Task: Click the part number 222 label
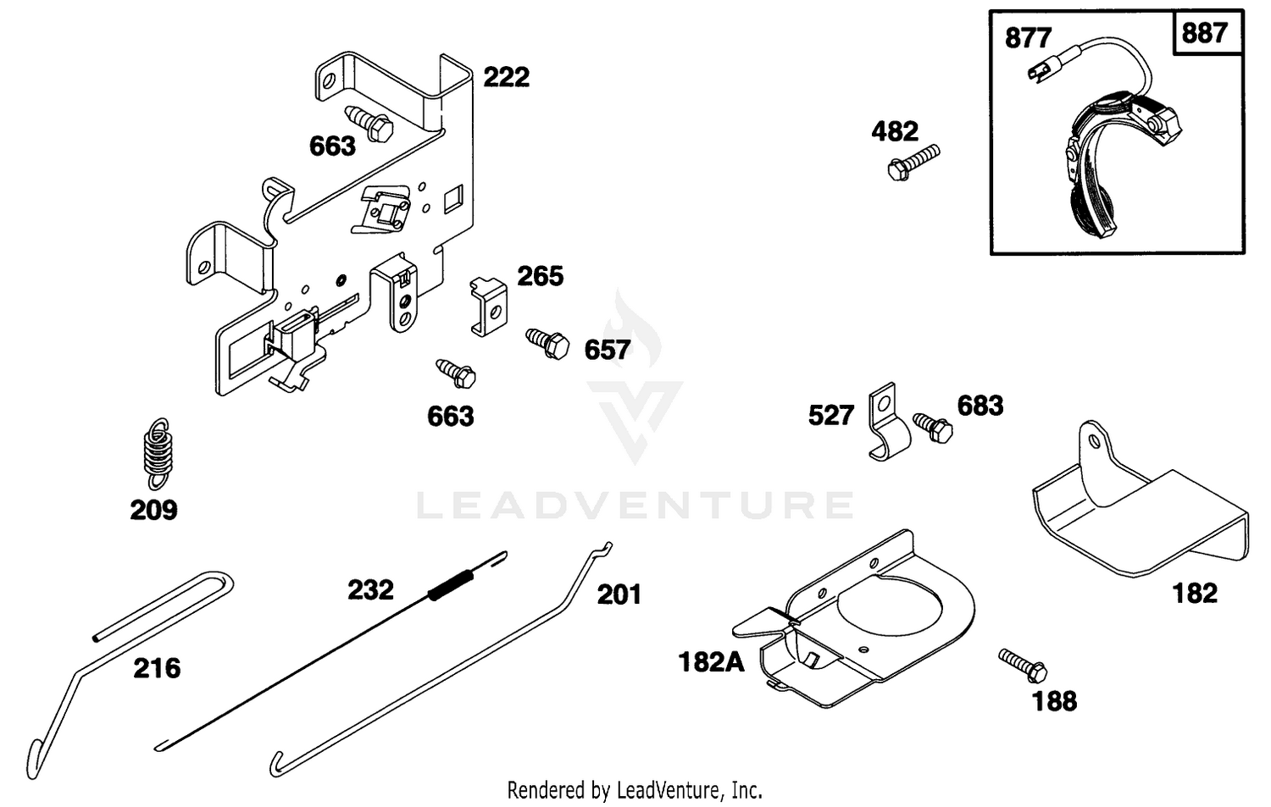pyautogui.click(x=506, y=77)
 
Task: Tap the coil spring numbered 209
pyautogui.click(x=157, y=454)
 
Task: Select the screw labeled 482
pyautogui.click(x=913, y=163)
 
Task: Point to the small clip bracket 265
pyautogui.click(x=489, y=307)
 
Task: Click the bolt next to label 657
pyautogui.click(x=547, y=343)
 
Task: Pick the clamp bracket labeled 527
pyautogui.click(x=888, y=423)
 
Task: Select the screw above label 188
pyautogui.click(x=1023, y=666)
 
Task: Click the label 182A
pyautogui.click(x=711, y=662)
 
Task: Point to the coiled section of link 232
pyautogui.click(x=451, y=585)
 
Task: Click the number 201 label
pyautogui.click(x=619, y=595)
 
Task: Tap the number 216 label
pyautogui.click(x=157, y=668)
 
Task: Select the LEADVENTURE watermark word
pyautogui.click(x=635, y=506)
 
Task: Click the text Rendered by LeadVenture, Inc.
pyautogui.click(x=635, y=789)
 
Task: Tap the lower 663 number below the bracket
pyautogui.click(x=451, y=417)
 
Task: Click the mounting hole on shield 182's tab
pyautogui.click(x=1093, y=442)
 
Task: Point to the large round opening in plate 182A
pyautogui.click(x=890, y=606)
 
